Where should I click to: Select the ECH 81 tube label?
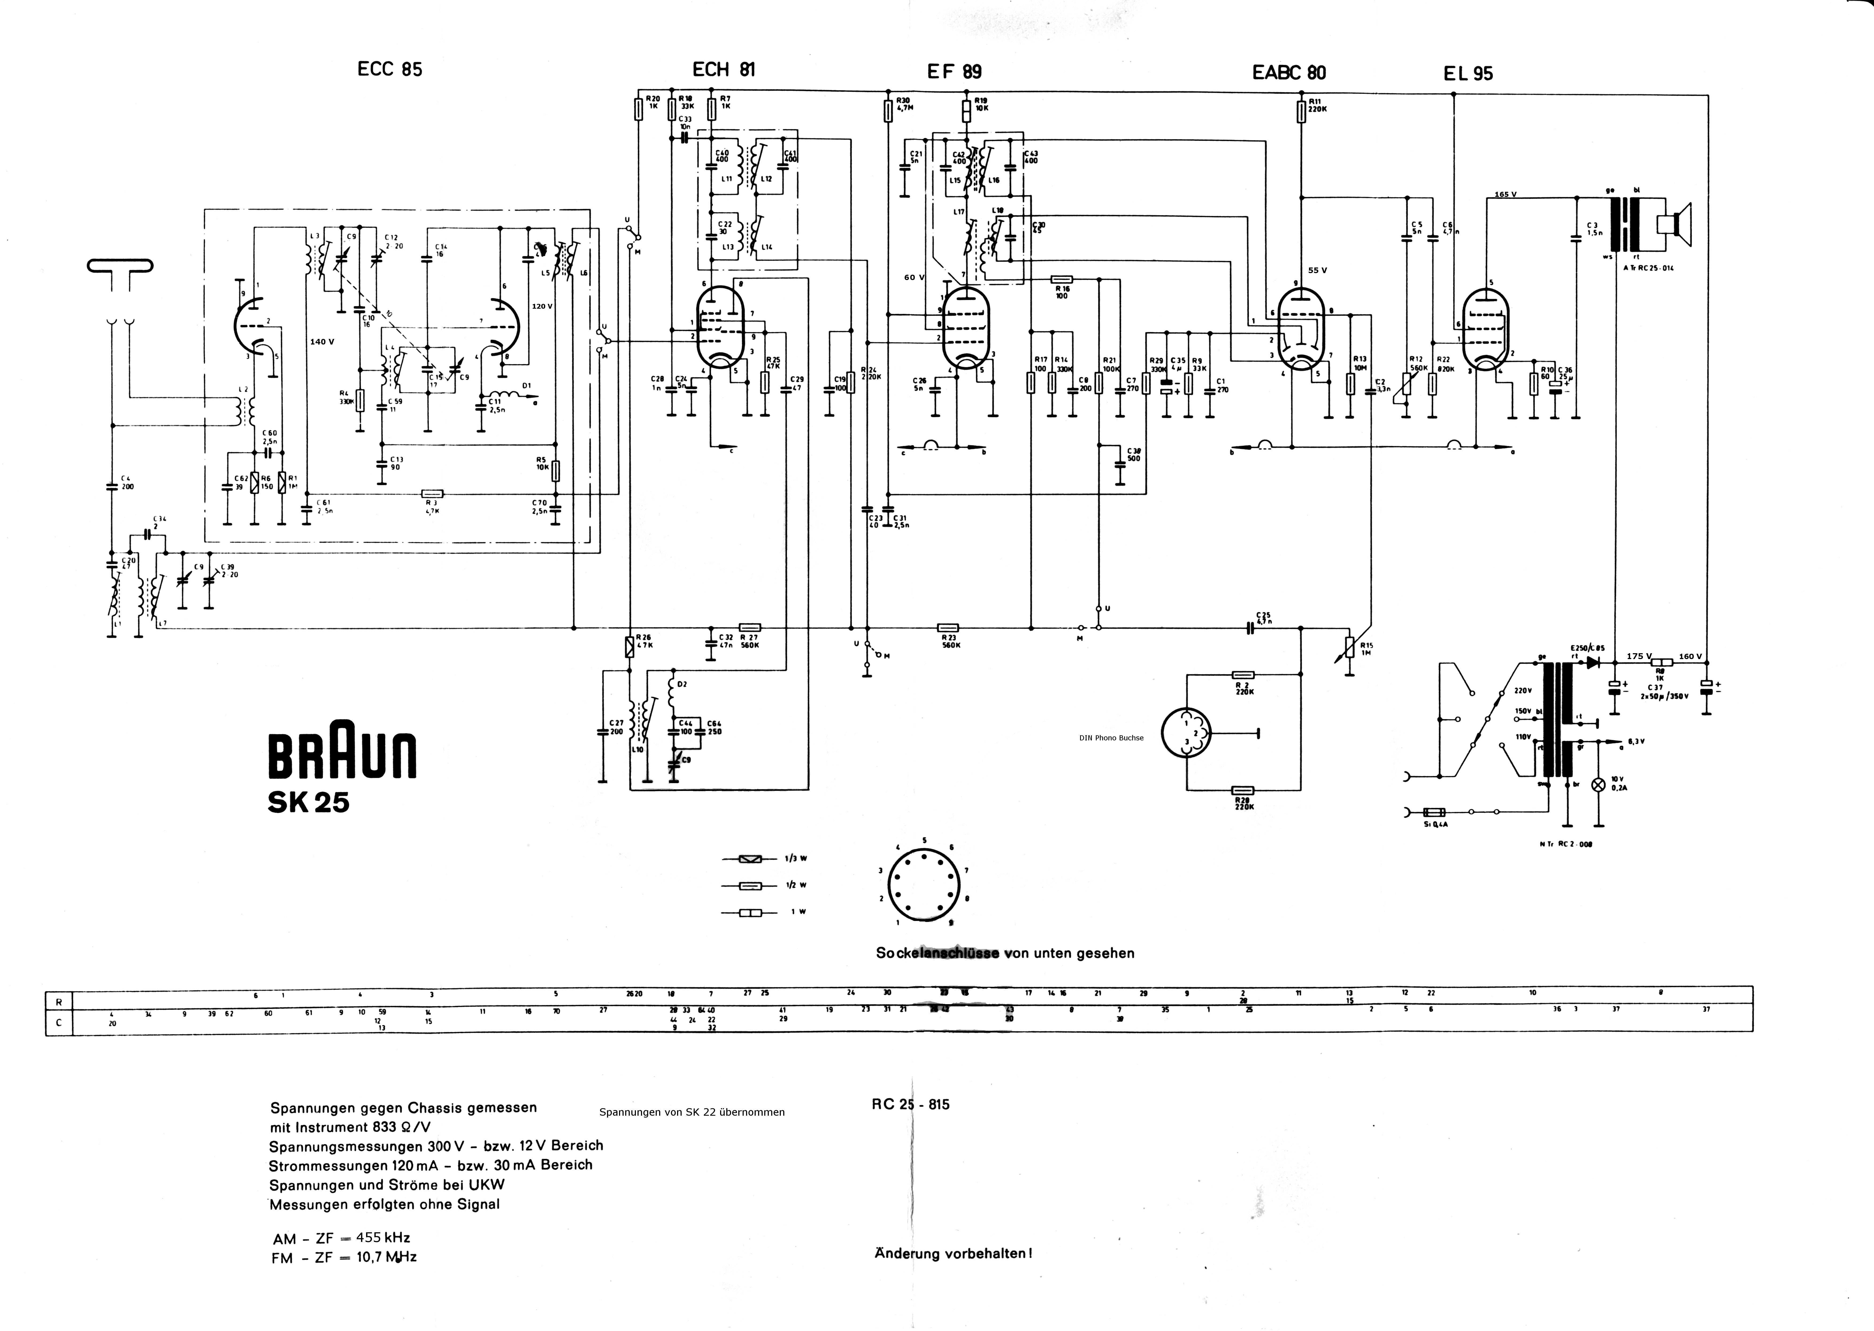click(724, 70)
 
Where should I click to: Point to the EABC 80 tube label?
click(1289, 72)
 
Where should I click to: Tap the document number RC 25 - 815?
click(910, 1104)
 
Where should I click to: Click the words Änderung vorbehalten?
click(953, 1253)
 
